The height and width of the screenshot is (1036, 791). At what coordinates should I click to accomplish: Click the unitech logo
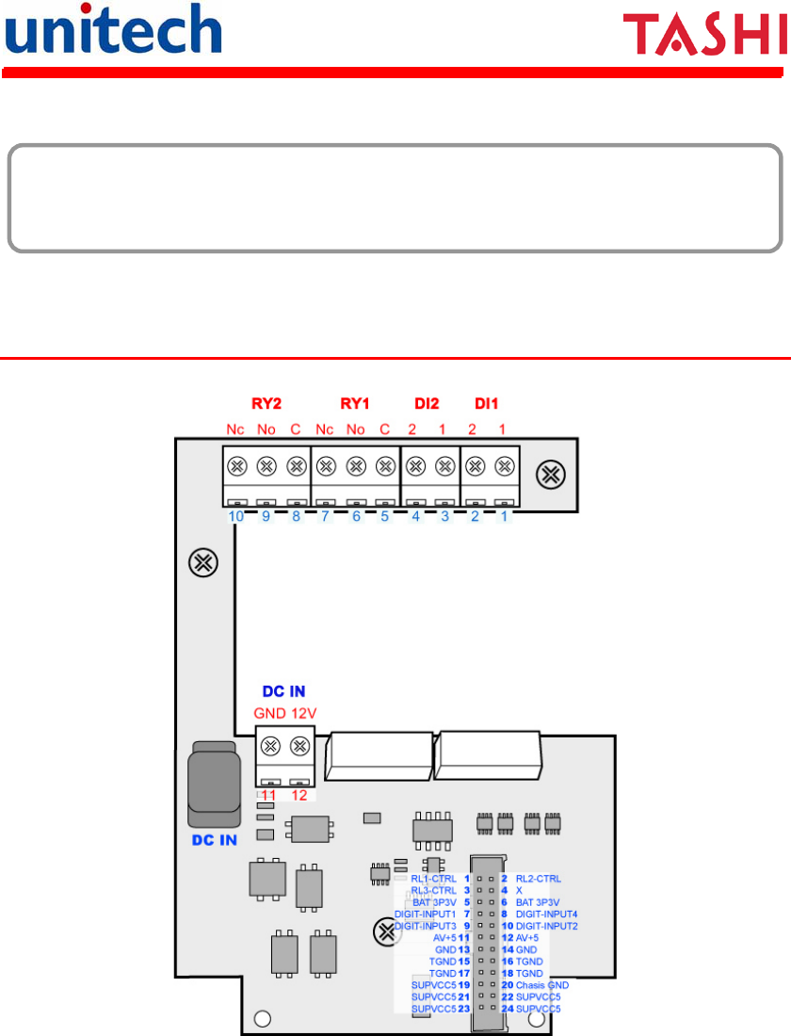[x=113, y=30]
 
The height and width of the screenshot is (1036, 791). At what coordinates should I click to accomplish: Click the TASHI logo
[x=704, y=37]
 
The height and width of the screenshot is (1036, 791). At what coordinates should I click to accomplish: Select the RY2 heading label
[x=266, y=404]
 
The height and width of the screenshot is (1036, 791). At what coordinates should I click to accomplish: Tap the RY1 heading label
[x=354, y=404]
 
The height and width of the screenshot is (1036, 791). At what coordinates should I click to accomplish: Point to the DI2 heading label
[x=428, y=404]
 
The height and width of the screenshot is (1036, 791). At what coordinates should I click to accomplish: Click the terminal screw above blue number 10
[x=236, y=464]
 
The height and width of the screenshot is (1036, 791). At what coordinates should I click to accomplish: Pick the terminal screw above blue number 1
[x=505, y=464]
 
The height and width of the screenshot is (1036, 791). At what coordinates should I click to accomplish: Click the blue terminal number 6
[x=355, y=517]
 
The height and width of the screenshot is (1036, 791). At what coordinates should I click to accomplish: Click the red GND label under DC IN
[x=270, y=713]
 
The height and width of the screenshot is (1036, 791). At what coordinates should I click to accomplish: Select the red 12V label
[x=303, y=713]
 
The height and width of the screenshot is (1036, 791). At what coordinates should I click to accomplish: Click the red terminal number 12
[x=299, y=795]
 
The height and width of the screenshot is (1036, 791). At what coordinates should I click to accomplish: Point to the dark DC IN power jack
[x=215, y=779]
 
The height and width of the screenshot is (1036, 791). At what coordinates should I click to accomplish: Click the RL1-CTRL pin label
[x=433, y=879]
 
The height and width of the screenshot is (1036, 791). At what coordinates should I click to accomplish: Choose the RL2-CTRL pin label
[x=539, y=879]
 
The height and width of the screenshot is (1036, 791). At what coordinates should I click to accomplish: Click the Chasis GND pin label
[x=542, y=985]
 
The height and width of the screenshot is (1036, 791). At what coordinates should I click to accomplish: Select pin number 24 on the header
[x=507, y=1009]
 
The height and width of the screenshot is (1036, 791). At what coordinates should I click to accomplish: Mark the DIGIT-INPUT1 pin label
[x=426, y=914]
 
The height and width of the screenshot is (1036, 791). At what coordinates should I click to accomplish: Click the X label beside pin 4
[x=519, y=890]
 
